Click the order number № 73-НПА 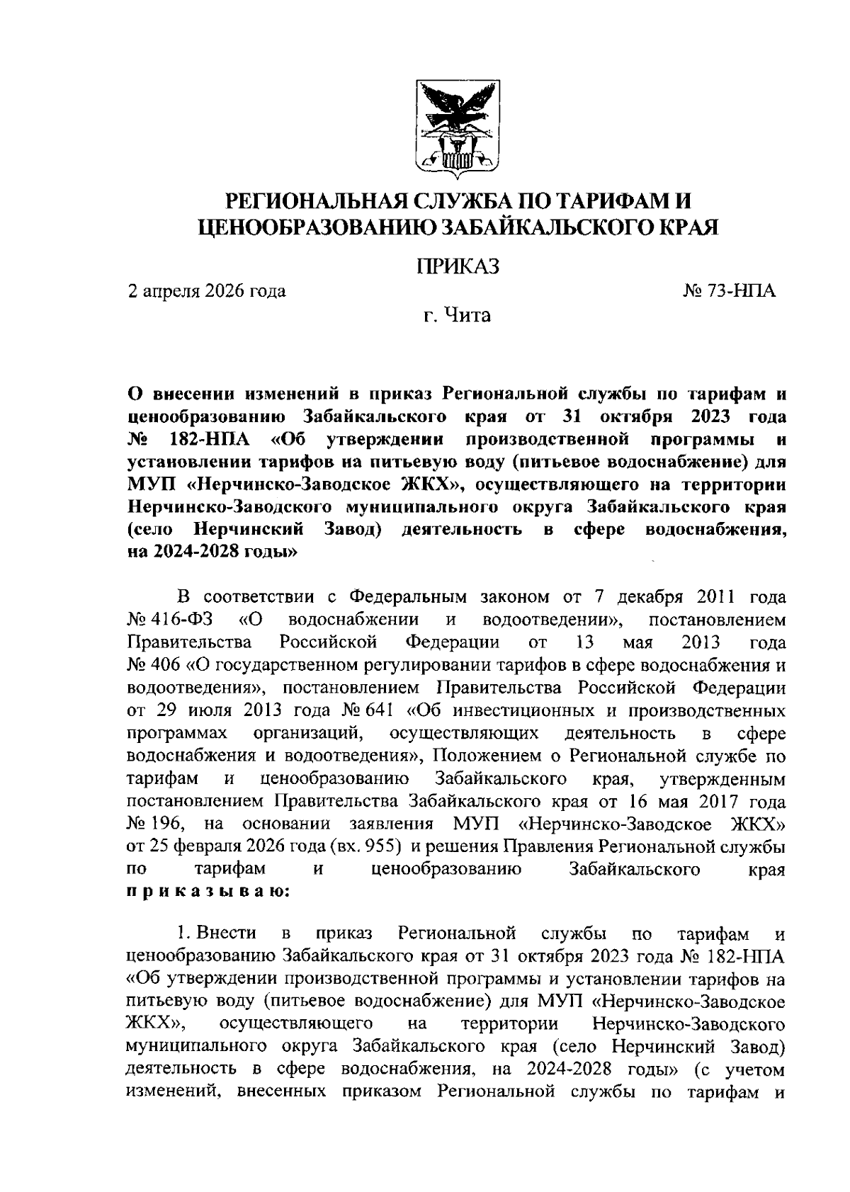[x=727, y=290]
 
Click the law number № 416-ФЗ [x=169, y=620]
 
